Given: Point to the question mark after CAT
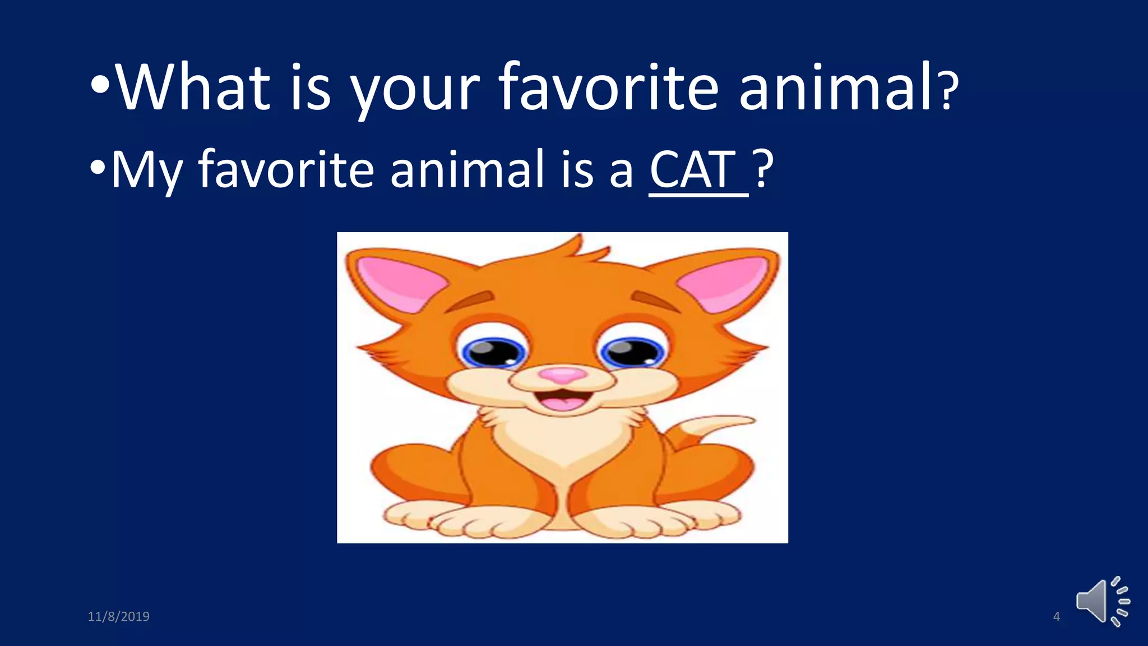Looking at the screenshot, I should [x=763, y=168].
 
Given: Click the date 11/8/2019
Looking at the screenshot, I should [x=119, y=617].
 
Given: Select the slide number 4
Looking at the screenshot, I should [x=1057, y=617].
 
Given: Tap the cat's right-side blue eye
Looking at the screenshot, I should [x=632, y=352].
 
